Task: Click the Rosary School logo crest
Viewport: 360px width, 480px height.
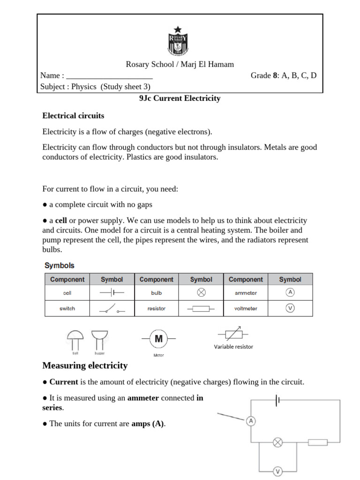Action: tap(177, 42)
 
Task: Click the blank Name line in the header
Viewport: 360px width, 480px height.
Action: tap(110, 76)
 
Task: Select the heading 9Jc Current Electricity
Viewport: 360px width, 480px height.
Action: tap(180, 98)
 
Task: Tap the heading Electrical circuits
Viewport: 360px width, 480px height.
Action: tap(73, 115)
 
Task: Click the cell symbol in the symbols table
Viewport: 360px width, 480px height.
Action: tap(112, 292)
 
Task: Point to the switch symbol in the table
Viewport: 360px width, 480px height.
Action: tap(112, 309)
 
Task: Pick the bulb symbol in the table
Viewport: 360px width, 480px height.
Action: tap(201, 292)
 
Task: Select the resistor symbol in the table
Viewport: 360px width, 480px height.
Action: tap(201, 309)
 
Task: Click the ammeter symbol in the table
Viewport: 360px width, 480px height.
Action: tap(290, 292)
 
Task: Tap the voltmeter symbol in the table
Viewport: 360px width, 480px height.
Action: tap(290, 308)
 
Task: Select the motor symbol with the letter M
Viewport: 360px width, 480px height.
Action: tap(158, 338)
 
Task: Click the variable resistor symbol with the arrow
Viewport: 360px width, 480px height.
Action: tap(233, 334)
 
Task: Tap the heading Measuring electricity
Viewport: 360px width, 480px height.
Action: tap(85, 365)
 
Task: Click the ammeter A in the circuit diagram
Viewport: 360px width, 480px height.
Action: tap(251, 421)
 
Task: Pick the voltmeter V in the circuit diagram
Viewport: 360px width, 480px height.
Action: tap(277, 472)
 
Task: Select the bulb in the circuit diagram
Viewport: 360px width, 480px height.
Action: tap(277, 442)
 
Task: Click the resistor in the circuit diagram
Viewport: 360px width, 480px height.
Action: tap(318, 442)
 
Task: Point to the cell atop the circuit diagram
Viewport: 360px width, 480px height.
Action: tap(278, 400)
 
